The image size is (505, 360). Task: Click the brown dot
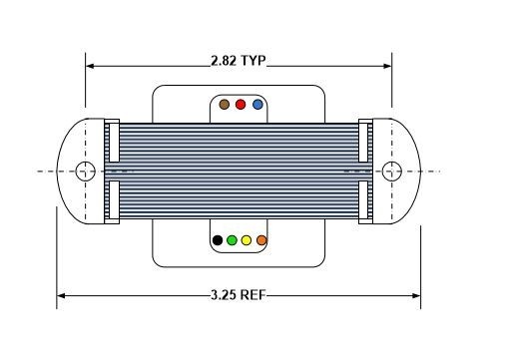[x=225, y=105]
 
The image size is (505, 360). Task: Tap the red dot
[x=241, y=105]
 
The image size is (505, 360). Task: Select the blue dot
[x=257, y=105]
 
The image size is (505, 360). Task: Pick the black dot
[x=218, y=240]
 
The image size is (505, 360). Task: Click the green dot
[x=232, y=240]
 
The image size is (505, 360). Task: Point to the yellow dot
[x=247, y=240]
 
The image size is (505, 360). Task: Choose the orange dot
[x=261, y=240]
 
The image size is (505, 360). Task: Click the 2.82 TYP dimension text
[x=239, y=61]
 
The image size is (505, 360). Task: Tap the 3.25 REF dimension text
[x=239, y=295]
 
